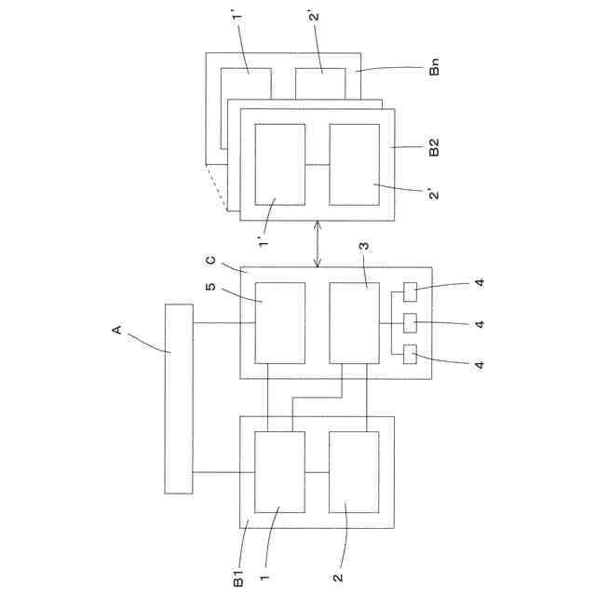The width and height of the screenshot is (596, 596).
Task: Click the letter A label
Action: [x=117, y=330]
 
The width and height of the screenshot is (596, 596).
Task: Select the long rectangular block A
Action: [x=178, y=399]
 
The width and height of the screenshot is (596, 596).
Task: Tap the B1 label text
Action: [x=238, y=577]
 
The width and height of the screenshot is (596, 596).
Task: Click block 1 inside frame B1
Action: [x=280, y=472]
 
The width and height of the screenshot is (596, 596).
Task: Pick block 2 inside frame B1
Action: [x=354, y=472]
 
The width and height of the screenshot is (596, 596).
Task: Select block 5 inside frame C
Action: [x=280, y=322]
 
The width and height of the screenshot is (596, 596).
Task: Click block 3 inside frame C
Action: [x=354, y=322]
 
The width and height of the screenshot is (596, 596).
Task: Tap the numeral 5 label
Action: [x=210, y=287]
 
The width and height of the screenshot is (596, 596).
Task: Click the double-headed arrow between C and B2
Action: [x=318, y=244]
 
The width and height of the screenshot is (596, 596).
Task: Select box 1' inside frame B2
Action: [x=280, y=165]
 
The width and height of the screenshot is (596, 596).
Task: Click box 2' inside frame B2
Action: [x=354, y=165]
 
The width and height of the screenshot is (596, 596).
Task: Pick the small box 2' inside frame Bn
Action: [x=320, y=83]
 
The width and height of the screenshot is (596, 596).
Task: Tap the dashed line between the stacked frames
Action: [x=216, y=188]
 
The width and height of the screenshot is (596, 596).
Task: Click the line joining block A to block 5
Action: [x=223, y=323]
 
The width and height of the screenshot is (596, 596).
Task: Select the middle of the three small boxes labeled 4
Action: [x=411, y=322]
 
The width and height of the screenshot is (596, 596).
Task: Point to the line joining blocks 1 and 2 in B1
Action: [x=318, y=472]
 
